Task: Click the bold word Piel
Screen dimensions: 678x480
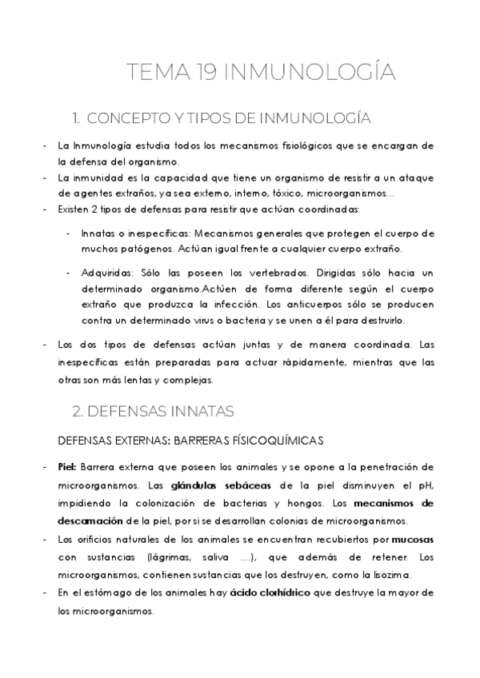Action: point(67,467)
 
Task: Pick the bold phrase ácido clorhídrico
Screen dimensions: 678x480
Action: point(265,592)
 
